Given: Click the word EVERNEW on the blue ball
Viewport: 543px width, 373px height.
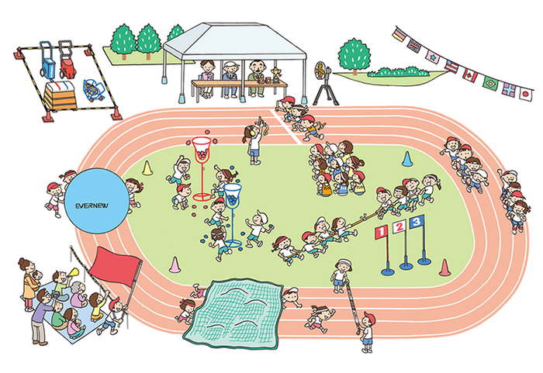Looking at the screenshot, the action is click(92, 205).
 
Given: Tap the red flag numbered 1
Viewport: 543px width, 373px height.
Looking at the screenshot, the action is click(382, 232).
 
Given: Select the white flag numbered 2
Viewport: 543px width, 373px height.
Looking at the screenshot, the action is click(399, 227).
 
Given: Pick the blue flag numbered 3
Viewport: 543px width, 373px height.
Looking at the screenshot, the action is click(417, 222).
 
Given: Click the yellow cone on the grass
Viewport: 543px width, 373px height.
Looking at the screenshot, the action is click(147, 168).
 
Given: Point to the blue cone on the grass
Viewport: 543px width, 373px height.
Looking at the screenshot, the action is click(407, 159).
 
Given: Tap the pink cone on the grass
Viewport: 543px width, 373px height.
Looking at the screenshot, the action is click(175, 264).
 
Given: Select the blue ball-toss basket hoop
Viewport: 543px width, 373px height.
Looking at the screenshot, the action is click(232, 188).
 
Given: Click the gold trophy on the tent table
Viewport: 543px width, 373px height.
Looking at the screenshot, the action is click(276, 74).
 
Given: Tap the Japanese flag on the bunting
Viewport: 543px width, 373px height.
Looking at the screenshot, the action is click(525, 93).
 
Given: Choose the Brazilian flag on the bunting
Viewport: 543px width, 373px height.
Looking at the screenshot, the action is click(490, 83).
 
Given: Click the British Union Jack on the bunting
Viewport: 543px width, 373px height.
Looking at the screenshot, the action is click(413, 45).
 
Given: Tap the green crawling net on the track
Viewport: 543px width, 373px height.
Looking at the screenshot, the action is click(233, 313).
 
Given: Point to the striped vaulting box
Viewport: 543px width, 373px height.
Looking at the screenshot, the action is click(60, 96).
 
